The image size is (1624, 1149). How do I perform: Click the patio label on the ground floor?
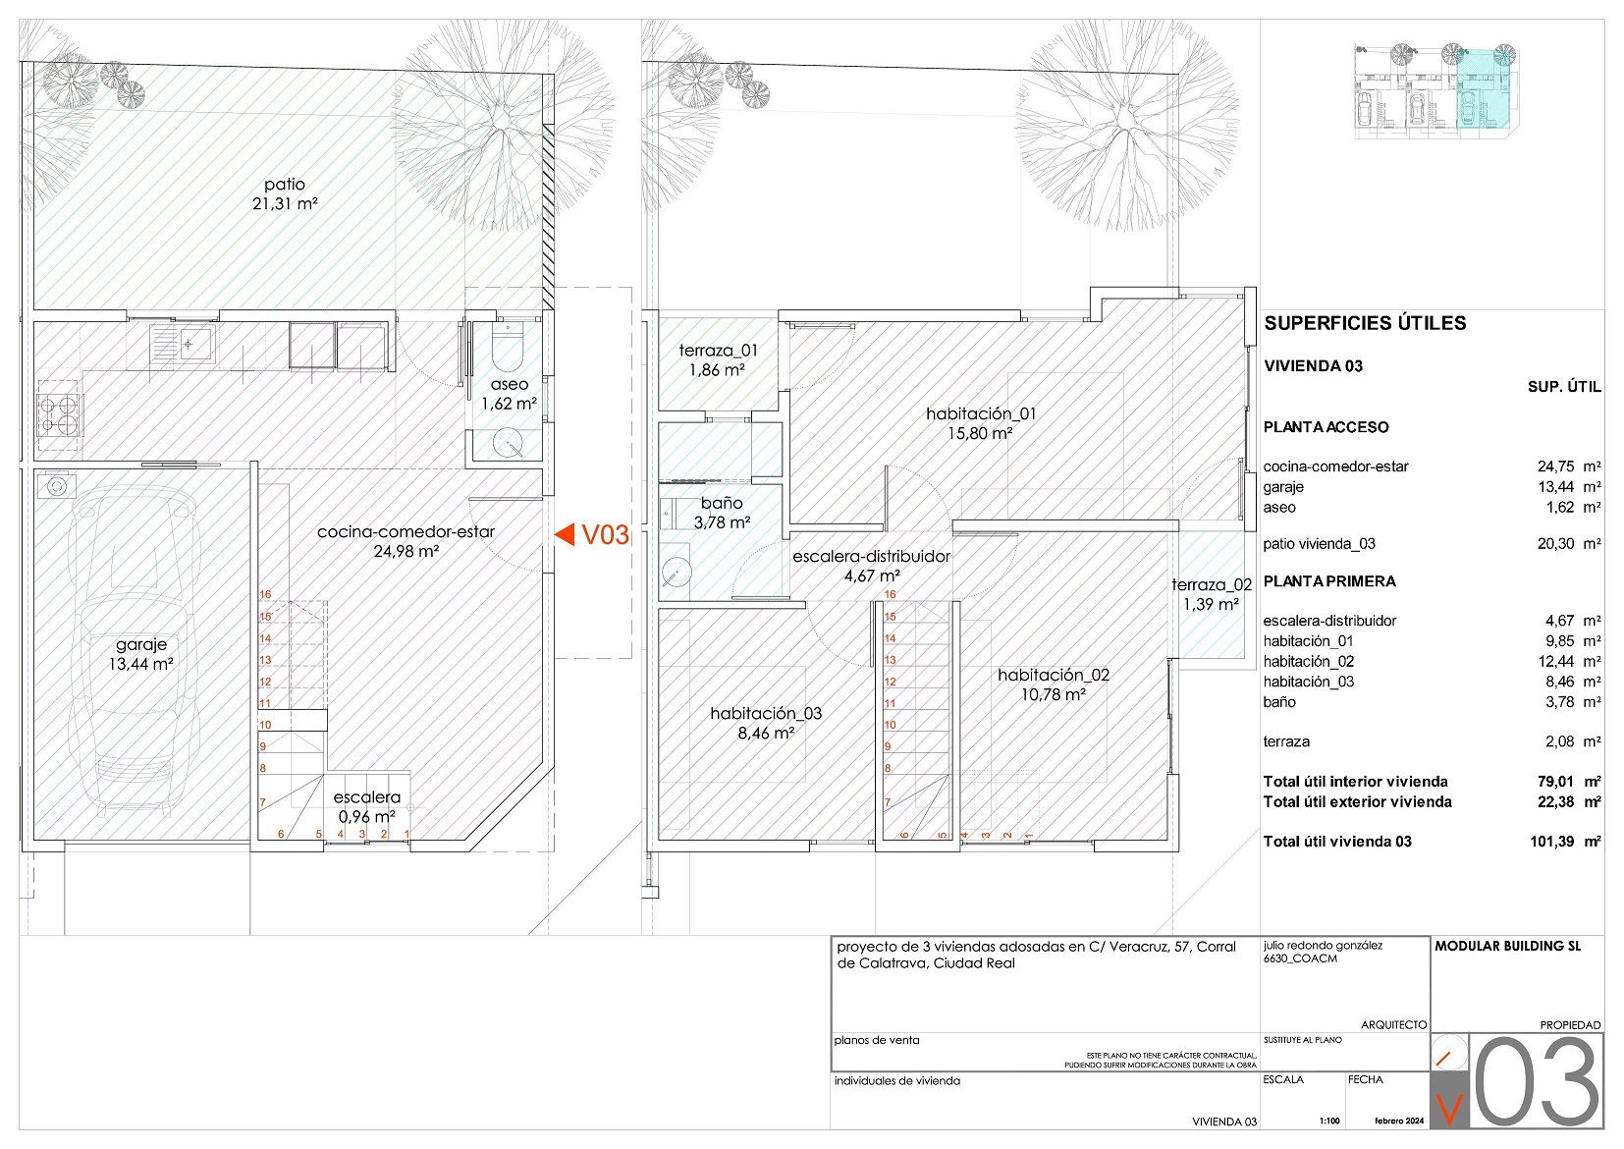[284, 184]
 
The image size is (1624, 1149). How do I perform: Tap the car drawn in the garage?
[135, 651]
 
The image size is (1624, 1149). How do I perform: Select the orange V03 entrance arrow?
[565, 534]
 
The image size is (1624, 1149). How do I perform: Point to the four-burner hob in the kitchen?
[60, 413]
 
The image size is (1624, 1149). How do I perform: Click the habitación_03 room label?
[766, 713]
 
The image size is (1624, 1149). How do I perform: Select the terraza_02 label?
[1212, 585]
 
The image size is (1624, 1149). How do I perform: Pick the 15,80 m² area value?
[980, 433]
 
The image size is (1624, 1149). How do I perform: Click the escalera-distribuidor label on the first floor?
[871, 556]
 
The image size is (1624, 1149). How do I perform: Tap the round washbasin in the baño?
[677, 572]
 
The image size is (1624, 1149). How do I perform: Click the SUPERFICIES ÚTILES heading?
[1365, 323]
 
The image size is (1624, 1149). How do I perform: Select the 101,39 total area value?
[1551, 842]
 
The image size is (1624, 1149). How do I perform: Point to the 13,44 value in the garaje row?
[1555, 487]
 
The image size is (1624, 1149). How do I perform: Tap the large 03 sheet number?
[1537, 1081]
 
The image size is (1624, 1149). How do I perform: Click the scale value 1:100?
[1328, 1121]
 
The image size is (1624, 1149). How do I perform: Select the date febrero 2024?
[1399, 1121]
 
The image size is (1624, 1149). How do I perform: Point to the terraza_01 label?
[718, 351]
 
